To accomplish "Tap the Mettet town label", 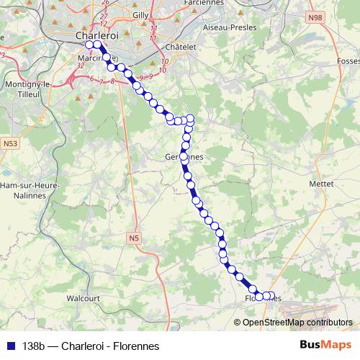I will (x=321, y=184).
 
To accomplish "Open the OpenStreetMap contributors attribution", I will (x=297, y=322).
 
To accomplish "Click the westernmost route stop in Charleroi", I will (x=89, y=45).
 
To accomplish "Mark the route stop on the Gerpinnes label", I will (x=184, y=156).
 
